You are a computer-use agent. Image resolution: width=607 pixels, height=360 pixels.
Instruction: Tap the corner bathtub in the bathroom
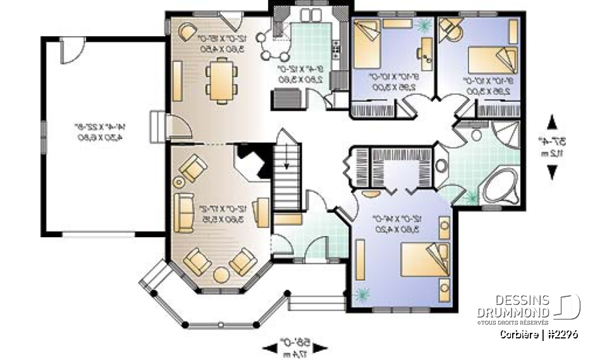coord(500,184)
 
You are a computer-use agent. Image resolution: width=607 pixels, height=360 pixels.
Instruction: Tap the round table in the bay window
coord(221,275)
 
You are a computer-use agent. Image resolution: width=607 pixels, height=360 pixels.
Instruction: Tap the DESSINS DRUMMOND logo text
coord(513,306)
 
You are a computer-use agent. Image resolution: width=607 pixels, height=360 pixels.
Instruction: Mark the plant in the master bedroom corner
coord(363,294)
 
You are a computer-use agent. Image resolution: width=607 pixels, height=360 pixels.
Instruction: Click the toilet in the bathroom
coord(477,135)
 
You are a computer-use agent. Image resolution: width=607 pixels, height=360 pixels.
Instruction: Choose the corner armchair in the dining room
coord(188,31)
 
